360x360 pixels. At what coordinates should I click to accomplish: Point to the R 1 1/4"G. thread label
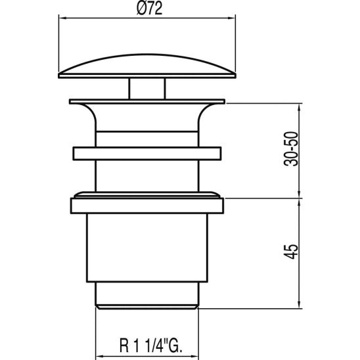click(x=147, y=343)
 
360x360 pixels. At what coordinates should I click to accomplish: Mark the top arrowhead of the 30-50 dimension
click(x=300, y=105)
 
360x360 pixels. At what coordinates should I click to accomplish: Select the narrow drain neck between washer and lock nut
click(x=147, y=176)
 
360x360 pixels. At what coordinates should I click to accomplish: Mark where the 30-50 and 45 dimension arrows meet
click(x=300, y=198)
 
